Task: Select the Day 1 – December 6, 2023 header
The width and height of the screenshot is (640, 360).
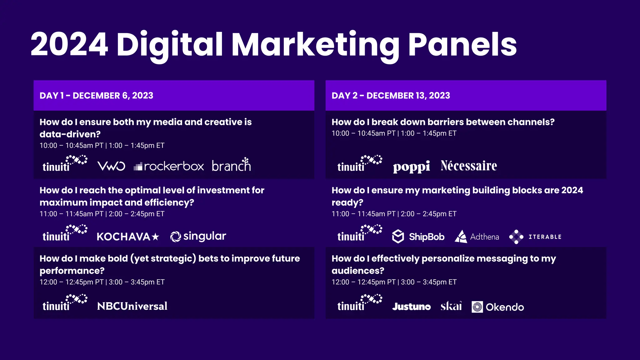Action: click(x=96, y=96)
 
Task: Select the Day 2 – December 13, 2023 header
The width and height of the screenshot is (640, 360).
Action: click(x=391, y=96)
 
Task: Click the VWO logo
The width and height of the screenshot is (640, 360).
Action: click(x=111, y=166)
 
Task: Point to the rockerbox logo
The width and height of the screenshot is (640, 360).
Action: click(x=169, y=166)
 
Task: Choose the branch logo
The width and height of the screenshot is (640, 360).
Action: click(x=231, y=165)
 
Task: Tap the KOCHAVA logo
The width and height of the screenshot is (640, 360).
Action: click(x=128, y=237)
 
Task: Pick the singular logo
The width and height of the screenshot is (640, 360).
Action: click(x=198, y=236)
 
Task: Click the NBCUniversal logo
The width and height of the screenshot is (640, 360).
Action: click(x=132, y=306)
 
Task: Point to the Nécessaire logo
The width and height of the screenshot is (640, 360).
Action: click(x=469, y=166)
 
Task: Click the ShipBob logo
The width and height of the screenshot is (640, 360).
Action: click(x=418, y=237)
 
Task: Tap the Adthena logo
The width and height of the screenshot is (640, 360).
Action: click(x=477, y=237)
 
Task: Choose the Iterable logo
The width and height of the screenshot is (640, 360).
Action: click(x=535, y=237)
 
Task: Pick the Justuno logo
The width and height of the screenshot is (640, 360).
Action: click(x=411, y=307)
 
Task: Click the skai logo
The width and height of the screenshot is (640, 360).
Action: click(x=451, y=306)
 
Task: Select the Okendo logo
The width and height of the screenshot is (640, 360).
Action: click(x=498, y=307)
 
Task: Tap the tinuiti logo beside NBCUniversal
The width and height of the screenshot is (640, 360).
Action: click(x=65, y=303)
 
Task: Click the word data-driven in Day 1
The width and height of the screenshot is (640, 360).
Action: click(x=70, y=134)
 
